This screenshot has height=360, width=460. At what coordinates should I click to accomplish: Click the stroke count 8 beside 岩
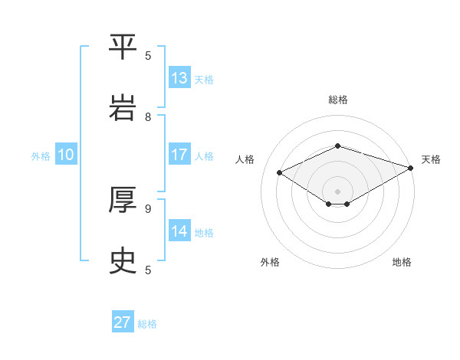[148, 117]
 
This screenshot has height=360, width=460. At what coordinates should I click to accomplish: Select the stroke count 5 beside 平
[148, 55]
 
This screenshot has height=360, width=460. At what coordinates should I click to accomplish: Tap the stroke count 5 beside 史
[148, 270]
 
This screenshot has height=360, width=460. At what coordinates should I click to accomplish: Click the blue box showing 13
[179, 78]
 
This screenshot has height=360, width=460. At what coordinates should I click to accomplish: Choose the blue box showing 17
[179, 155]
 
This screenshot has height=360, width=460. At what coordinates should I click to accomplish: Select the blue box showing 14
[179, 231]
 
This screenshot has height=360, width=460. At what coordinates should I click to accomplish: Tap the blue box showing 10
[66, 155]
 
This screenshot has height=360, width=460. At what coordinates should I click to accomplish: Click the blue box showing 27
[123, 322]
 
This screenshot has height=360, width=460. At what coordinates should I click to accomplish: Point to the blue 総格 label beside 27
[147, 324]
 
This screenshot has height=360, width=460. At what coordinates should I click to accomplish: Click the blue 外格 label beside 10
[41, 156]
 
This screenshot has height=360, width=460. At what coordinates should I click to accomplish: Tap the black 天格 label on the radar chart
[431, 159]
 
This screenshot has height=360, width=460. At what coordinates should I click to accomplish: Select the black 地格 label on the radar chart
[402, 262]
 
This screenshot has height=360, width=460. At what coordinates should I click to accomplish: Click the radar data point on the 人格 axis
[280, 173]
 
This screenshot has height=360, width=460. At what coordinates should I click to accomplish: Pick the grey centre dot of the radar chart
[337, 190]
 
